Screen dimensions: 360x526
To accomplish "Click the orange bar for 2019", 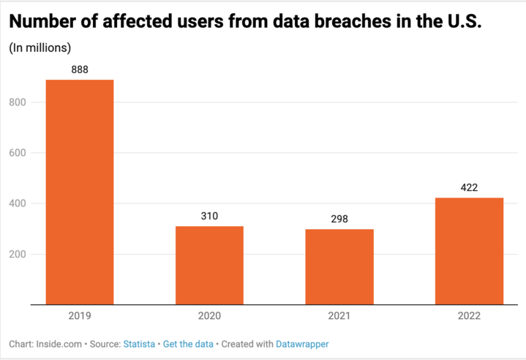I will tap(79, 192).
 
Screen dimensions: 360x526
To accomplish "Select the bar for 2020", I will tap(209, 265).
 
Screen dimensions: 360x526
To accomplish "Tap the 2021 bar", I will tap(339, 266).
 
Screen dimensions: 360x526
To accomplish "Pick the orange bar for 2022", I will tap(469, 251).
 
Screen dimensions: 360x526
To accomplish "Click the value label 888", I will tap(80, 70).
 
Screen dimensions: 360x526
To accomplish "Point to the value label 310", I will tap(209, 216).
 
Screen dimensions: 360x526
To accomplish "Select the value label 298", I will tap(339, 219).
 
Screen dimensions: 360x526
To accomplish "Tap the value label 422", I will tap(469, 187).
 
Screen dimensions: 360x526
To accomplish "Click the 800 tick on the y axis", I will tap(18, 102).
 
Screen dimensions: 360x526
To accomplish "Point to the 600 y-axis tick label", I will tap(18, 153).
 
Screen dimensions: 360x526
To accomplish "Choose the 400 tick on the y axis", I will tap(18, 203).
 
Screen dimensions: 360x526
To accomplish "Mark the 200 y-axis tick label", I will tap(18, 255).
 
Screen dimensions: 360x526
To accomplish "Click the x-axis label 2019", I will tap(79, 316).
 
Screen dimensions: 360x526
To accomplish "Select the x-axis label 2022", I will tap(469, 316).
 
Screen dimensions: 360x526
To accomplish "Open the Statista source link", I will tap(138, 343).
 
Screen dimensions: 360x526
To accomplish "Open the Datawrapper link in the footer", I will tap(302, 343).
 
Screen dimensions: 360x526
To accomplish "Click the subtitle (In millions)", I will tap(40, 48).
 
